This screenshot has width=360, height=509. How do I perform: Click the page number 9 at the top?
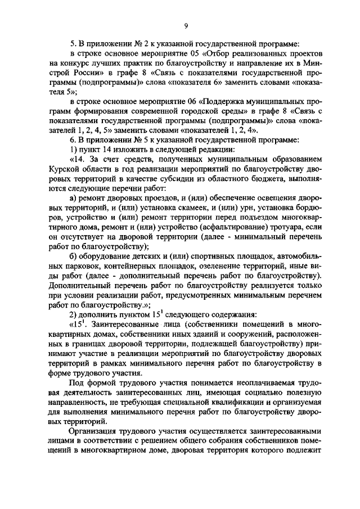pyautogui.click(x=185, y=24)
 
